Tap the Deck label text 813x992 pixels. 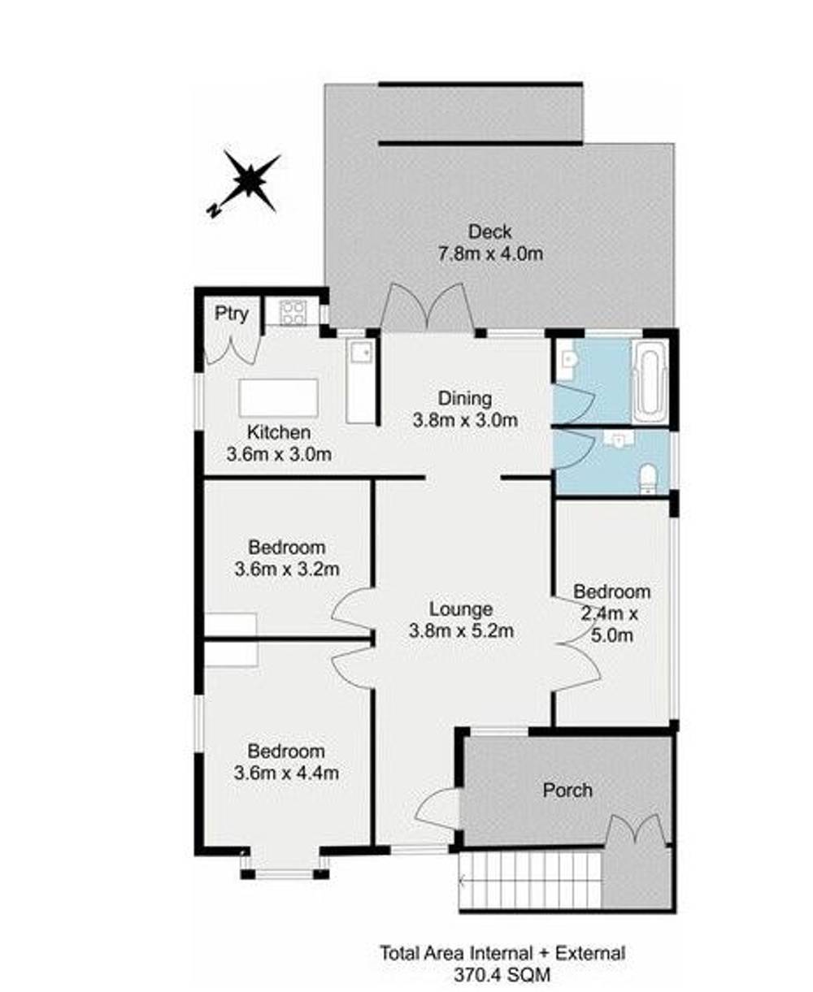(x=489, y=232)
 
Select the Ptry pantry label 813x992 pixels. (x=231, y=314)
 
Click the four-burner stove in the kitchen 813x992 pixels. (x=292, y=312)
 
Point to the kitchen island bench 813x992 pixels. (x=278, y=398)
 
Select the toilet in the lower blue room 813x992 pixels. (x=648, y=478)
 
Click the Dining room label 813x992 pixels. (x=465, y=399)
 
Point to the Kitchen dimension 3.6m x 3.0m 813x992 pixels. (x=279, y=454)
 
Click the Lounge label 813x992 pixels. (x=461, y=609)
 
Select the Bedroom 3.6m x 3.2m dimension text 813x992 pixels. (x=286, y=569)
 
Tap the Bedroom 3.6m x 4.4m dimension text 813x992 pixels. (x=286, y=773)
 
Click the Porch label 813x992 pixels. (x=567, y=790)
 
